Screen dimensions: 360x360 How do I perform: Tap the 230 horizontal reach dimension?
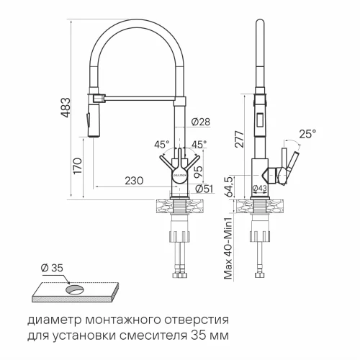point(134,182)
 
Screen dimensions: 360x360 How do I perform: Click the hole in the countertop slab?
point(74,289)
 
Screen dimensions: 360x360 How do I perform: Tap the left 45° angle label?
point(161,144)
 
